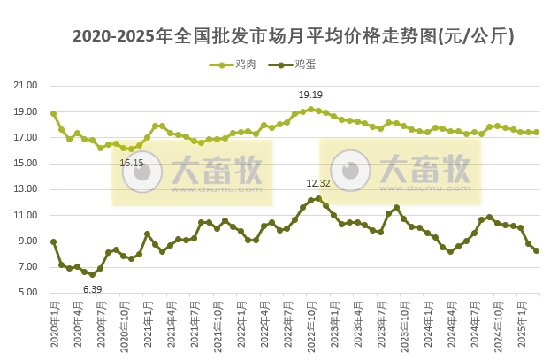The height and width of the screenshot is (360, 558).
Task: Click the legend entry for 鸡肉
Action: [233, 65]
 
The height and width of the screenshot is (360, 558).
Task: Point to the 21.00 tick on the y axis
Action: [26, 86]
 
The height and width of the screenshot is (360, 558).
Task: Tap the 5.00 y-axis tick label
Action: [27, 293]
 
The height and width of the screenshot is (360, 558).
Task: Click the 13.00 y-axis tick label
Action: [26, 189]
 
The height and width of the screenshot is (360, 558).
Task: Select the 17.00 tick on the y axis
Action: [26, 137]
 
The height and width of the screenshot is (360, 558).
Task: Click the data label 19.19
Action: [310, 95]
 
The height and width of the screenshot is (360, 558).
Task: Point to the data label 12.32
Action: [318, 183]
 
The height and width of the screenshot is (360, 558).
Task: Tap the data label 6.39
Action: [92, 289]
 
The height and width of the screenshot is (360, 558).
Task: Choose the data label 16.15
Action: [132, 163]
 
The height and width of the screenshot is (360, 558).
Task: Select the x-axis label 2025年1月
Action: [521, 322]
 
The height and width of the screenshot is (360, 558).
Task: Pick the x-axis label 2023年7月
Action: [379, 322]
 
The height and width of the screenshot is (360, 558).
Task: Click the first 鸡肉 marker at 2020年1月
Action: [53, 113]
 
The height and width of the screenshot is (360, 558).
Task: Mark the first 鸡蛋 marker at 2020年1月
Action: [53, 241]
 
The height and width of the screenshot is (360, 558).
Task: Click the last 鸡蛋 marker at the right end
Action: [537, 250]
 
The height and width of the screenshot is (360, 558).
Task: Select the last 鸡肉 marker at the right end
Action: [537, 132]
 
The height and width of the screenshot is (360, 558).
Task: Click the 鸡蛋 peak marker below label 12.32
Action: [318, 198]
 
